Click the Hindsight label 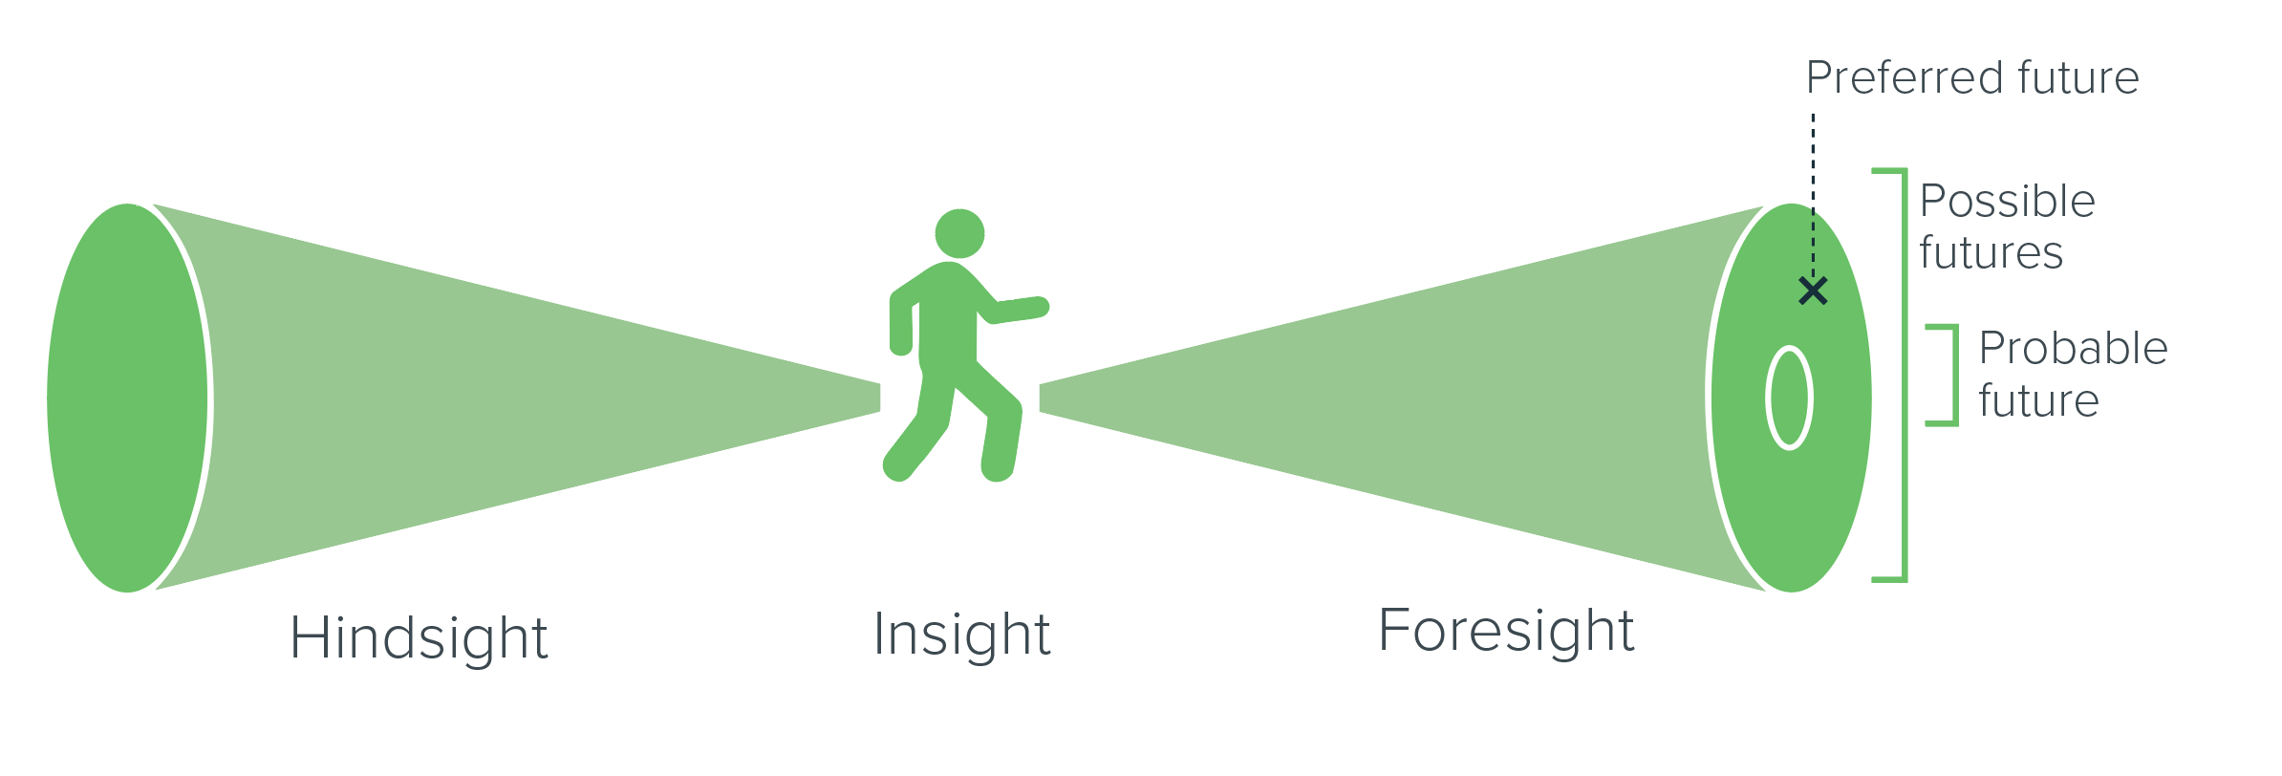pyautogui.click(x=419, y=637)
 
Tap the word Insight pyautogui.click(x=962, y=634)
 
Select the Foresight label pyautogui.click(x=1506, y=631)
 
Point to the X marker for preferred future pyautogui.click(x=1813, y=291)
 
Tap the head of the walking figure pyautogui.click(x=959, y=233)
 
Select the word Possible pyautogui.click(x=2007, y=202)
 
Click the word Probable pyautogui.click(x=2073, y=349)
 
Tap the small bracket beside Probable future pyautogui.click(x=1953, y=375)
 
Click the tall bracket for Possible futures pyautogui.click(x=1904, y=375)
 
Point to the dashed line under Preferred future pyautogui.click(x=1813, y=195)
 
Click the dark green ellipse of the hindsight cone pyautogui.click(x=127, y=398)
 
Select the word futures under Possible pyautogui.click(x=1991, y=253)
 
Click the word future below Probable pyautogui.click(x=2038, y=400)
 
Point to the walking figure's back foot pyautogui.click(x=897, y=466)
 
